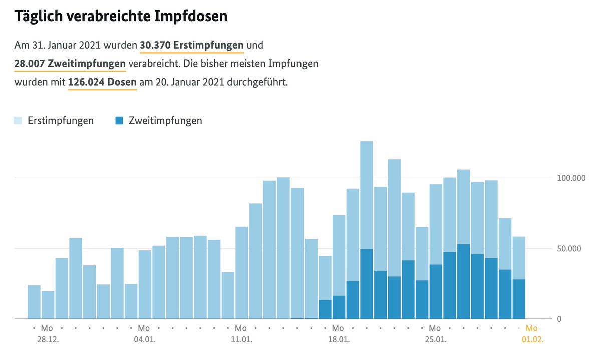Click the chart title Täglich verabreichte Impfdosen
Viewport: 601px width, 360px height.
click(121, 16)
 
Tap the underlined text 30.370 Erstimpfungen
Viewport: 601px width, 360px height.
click(192, 45)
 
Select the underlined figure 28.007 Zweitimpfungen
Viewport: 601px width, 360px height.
click(70, 64)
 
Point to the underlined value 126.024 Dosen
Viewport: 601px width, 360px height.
click(102, 82)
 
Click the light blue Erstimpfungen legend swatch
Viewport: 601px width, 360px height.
click(18, 121)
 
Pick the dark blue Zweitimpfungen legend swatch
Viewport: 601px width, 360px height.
click(119, 121)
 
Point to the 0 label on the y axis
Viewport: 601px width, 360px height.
click(559, 319)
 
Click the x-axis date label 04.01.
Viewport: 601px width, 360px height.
click(144, 339)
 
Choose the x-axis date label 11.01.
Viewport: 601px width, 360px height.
click(241, 339)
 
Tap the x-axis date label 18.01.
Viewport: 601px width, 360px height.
click(338, 339)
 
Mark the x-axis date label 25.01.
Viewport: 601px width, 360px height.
click(435, 339)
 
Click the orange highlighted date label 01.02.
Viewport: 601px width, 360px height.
click(531, 339)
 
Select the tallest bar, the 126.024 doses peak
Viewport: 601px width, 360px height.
click(367, 200)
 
